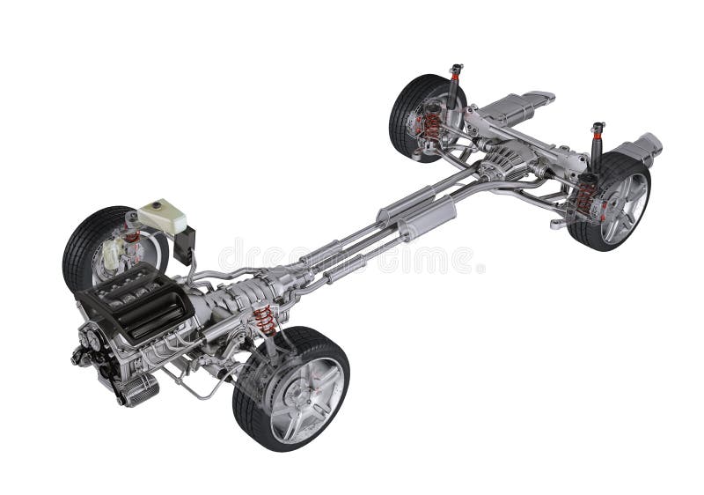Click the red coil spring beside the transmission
tap(265, 320)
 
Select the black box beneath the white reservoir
tap(185, 246)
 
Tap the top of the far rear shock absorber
tap(455, 70)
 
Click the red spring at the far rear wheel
tap(431, 125)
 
